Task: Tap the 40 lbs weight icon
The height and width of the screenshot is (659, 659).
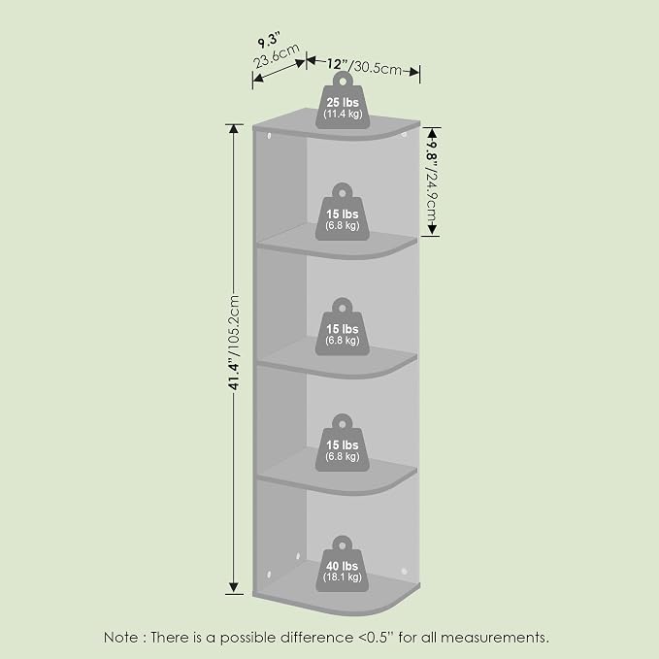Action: point(342,564)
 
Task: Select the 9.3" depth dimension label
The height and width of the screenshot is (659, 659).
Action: point(269,41)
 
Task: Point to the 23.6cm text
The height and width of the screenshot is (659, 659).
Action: point(277,55)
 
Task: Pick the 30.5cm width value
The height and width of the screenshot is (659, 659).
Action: point(377,67)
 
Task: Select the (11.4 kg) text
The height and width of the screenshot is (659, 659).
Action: point(343,114)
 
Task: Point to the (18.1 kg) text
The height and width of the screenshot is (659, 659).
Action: point(342,577)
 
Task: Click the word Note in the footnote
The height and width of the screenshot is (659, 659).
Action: point(120,637)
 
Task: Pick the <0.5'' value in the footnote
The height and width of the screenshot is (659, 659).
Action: point(377,637)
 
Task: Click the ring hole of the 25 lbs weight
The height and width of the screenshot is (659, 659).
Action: point(343,81)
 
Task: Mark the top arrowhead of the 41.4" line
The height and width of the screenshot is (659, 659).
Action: point(234,128)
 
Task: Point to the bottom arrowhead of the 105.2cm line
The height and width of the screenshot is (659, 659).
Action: point(234,588)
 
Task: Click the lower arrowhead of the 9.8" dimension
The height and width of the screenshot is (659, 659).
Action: point(433,230)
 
